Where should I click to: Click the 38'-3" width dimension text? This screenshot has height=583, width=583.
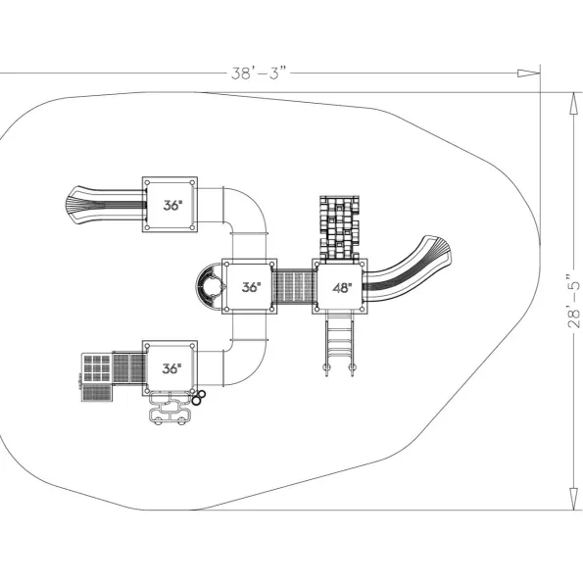coord(259,73)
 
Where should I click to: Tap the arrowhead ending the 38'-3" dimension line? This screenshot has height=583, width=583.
coord(528,73)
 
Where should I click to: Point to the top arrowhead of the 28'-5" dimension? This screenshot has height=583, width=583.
coord(574,104)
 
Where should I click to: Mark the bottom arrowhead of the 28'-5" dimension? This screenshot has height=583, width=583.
coord(574,498)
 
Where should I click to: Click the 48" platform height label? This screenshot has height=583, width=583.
coord(342,287)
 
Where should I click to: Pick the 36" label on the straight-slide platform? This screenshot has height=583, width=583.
coord(172,205)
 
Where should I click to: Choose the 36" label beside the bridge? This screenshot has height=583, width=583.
coord(251,287)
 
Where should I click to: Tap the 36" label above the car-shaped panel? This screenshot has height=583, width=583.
coord(171,368)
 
